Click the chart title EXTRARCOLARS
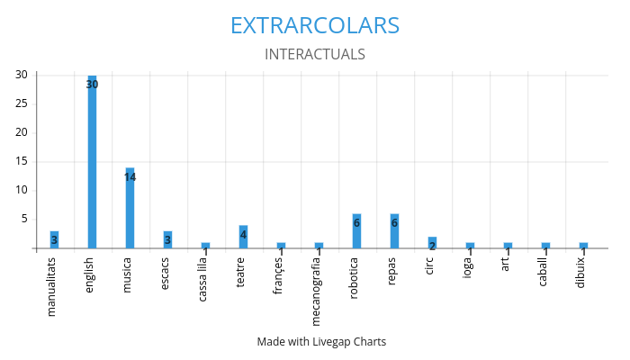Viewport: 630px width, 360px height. [x=315, y=25]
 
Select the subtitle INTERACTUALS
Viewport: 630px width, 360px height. [x=315, y=54]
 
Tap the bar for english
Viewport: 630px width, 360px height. [x=92, y=162]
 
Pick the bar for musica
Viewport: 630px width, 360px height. [x=130, y=208]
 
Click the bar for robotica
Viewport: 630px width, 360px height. [x=356, y=231]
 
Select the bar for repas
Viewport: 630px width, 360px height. [x=394, y=231]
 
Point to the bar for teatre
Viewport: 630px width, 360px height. [x=243, y=237]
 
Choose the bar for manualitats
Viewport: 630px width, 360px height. [x=54, y=239]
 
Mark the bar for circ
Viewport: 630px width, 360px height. [x=432, y=242]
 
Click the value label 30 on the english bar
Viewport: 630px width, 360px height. [x=92, y=85]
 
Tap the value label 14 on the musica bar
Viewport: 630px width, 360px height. [x=130, y=177]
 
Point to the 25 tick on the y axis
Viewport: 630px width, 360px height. [x=20, y=103]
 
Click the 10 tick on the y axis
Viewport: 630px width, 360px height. [x=20, y=190]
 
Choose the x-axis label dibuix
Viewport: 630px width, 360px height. [x=583, y=272]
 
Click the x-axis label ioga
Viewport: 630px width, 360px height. [x=470, y=268]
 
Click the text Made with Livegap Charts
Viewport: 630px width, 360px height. [x=321, y=342]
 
